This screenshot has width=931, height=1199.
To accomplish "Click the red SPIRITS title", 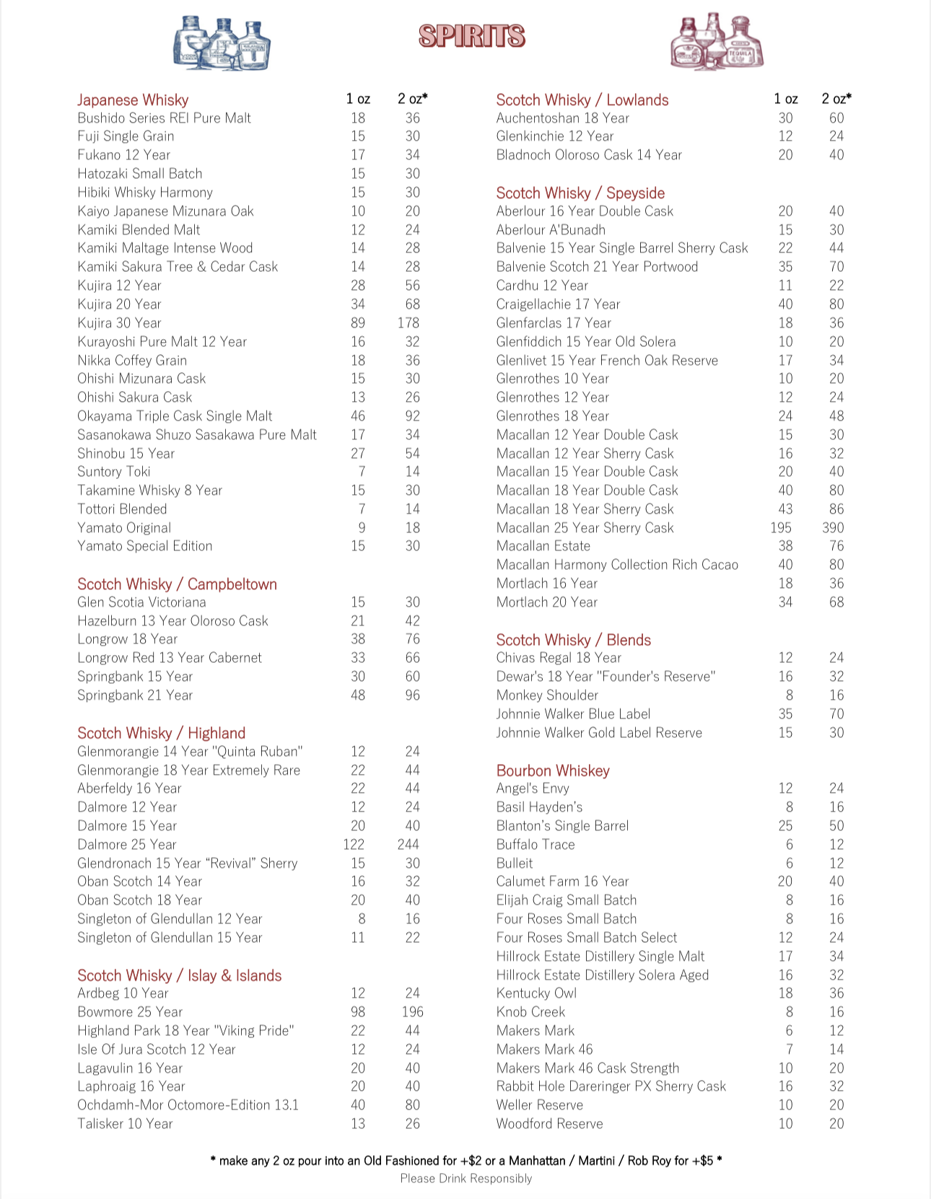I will (x=472, y=36).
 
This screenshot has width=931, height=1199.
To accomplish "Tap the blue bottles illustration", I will (x=222, y=43).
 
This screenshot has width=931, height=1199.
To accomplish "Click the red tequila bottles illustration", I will (x=717, y=42).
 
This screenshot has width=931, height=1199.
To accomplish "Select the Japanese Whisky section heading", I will (x=133, y=100).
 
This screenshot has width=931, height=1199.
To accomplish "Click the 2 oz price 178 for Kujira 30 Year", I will (x=408, y=322).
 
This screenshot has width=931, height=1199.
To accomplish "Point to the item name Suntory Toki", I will (x=114, y=471).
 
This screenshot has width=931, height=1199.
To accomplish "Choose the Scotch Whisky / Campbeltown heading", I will (x=177, y=584).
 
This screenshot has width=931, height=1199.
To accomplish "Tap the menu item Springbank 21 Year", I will (x=135, y=695).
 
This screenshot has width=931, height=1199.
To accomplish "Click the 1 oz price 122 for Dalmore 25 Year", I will (x=354, y=844).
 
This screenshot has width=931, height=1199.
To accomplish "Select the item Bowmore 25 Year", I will (x=130, y=1011).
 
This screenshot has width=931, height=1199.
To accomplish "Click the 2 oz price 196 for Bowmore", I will (x=412, y=1011).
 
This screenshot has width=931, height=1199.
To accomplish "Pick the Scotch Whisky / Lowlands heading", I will (x=582, y=100).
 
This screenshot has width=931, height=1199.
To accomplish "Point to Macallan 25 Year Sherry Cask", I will (x=585, y=527).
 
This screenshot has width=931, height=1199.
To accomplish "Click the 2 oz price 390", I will (x=833, y=527).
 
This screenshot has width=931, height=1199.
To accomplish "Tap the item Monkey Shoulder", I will (x=547, y=695).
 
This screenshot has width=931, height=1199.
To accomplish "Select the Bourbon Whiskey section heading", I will (x=553, y=770).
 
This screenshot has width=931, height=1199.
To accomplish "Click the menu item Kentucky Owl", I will (x=536, y=993).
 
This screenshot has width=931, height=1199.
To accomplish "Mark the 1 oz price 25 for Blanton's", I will (x=785, y=825).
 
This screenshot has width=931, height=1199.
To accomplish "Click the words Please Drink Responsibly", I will (x=466, y=1178).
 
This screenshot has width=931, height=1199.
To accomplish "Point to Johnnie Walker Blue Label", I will (x=573, y=713).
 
